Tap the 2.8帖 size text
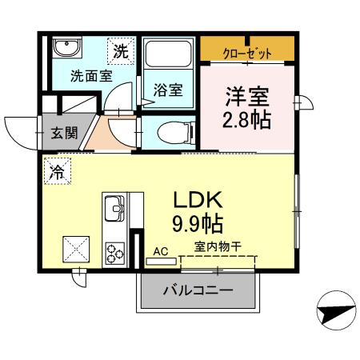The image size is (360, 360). [246, 121]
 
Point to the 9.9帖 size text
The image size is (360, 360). [198, 220]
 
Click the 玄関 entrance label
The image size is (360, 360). [66, 133]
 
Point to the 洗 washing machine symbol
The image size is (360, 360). [119, 52]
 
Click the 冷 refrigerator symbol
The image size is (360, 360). [57, 170]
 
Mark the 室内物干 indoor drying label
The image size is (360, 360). [217, 246]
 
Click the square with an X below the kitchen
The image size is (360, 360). [78, 250]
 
